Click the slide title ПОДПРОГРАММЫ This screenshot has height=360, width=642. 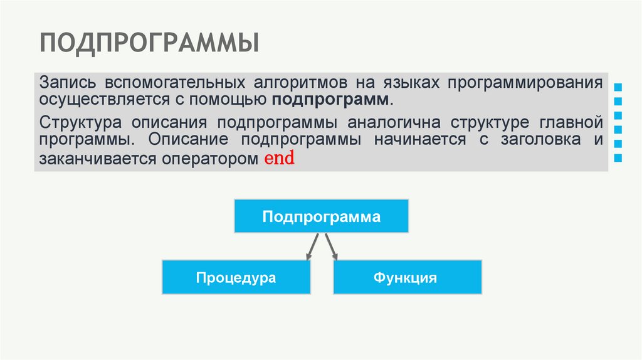pos(149,43)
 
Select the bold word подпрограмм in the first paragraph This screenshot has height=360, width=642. pos(330,100)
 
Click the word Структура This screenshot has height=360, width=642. pos(78,121)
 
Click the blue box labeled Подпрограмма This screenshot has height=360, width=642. pos(321,216)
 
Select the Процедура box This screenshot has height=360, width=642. pos(236,277)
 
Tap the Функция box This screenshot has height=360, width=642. pos(408,277)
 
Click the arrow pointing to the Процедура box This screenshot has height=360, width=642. pos(313,246)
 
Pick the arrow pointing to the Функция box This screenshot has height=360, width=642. pos(331,246)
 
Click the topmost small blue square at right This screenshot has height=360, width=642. pos(619,87)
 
